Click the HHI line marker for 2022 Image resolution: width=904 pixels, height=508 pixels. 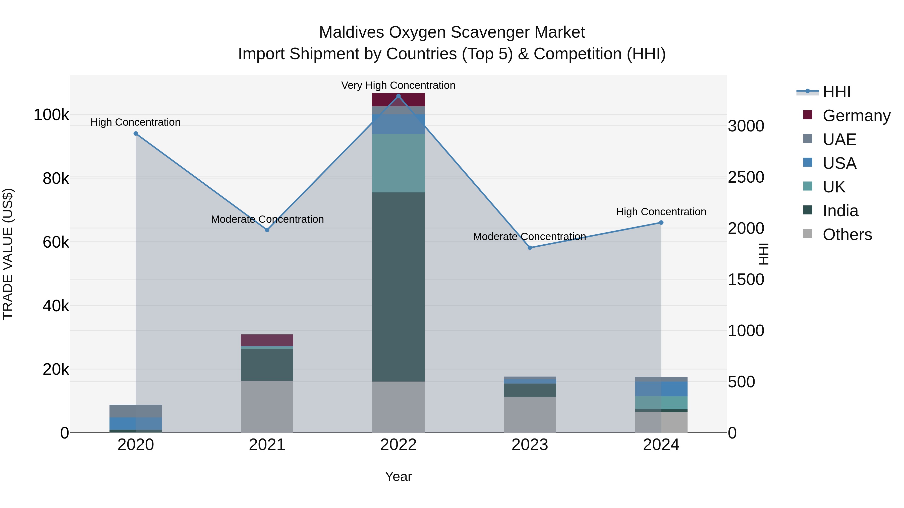(x=398, y=96)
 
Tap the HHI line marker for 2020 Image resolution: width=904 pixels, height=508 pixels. (x=136, y=133)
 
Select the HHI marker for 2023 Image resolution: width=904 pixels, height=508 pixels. (x=530, y=248)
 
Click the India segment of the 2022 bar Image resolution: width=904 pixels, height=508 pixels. (x=398, y=287)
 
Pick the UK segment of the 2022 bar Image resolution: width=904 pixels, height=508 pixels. (x=398, y=163)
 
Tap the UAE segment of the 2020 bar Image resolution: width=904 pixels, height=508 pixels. (x=136, y=411)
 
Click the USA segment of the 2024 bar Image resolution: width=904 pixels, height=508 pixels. (x=661, y=389)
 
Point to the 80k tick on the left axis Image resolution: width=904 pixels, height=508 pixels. (x=55, y=179)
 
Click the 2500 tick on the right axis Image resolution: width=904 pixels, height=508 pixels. (x=746, y=177)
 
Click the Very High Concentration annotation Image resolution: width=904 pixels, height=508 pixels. (x=398, y=85)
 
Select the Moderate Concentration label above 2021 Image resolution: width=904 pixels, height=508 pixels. (x=267, y=219)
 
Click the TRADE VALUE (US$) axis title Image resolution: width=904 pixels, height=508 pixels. (x=8, y=254)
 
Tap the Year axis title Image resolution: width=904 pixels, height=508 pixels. (x=398, y=476)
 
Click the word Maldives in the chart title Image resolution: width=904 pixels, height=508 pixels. (x=351, y=32)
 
